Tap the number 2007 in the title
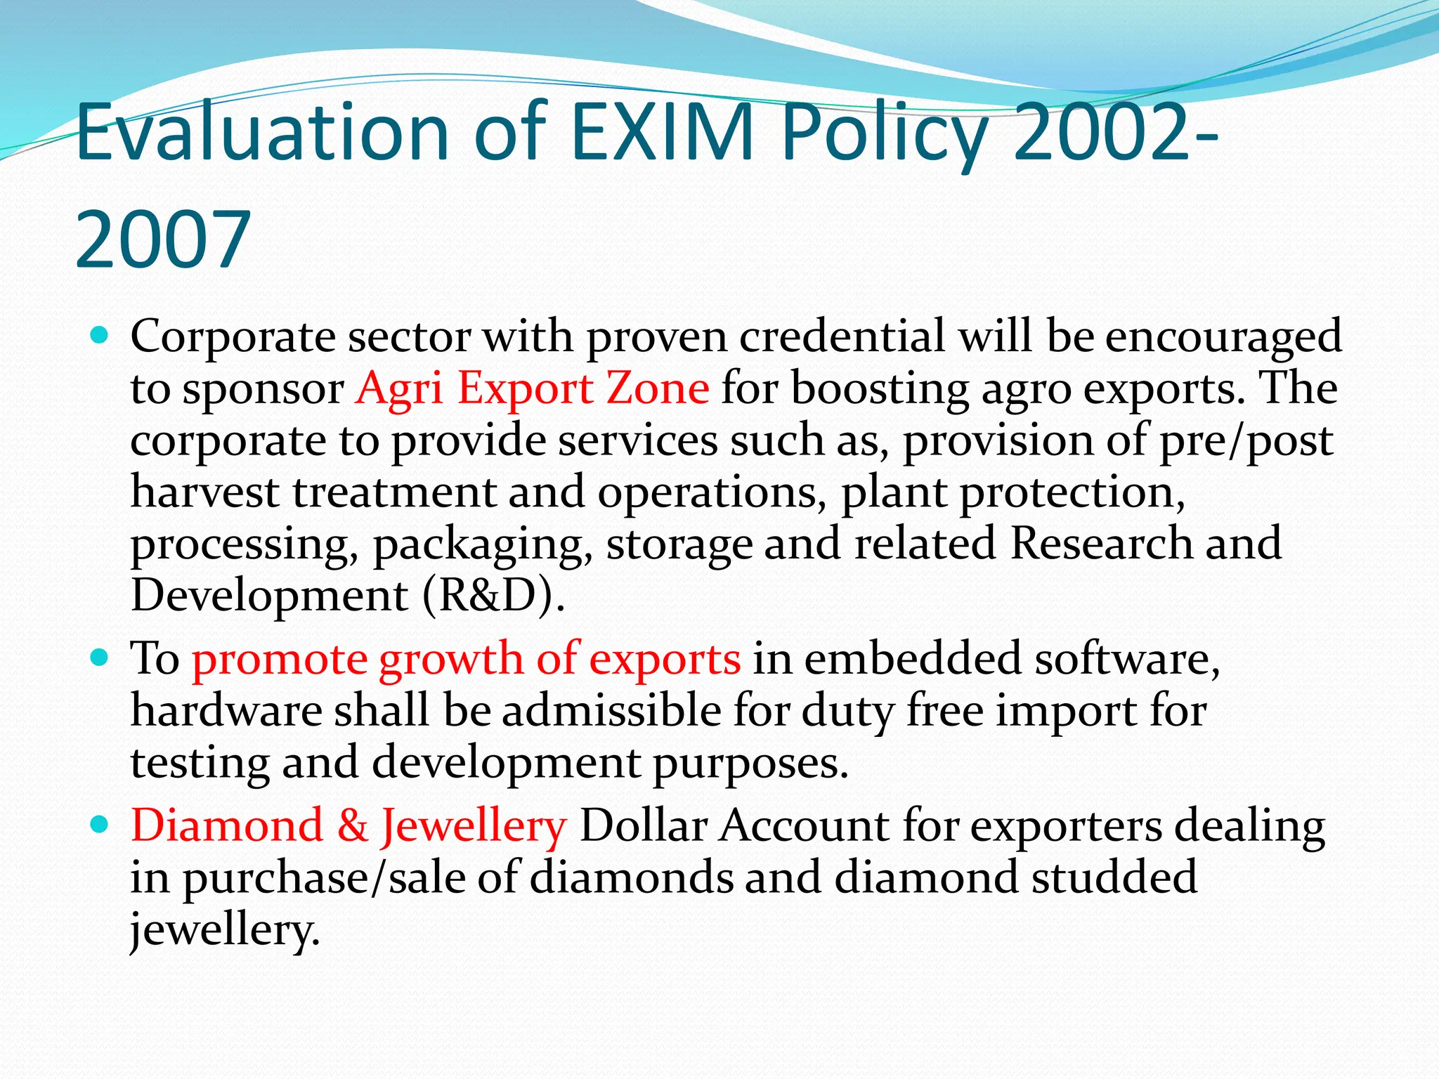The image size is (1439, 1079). pos(162,240)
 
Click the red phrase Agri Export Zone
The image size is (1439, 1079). pos(532,388)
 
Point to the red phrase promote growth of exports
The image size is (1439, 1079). pos(466,659)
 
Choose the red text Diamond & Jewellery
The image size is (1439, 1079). pos(348,825)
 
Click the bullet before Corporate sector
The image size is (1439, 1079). pos(100,336)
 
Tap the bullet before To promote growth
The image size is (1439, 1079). pos(100,658)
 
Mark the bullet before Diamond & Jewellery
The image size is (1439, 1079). pos(100,824)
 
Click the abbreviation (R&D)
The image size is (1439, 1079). pos(494,596)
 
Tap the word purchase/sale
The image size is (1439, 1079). pos(324,878)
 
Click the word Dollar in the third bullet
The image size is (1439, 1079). pos(642,825)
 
